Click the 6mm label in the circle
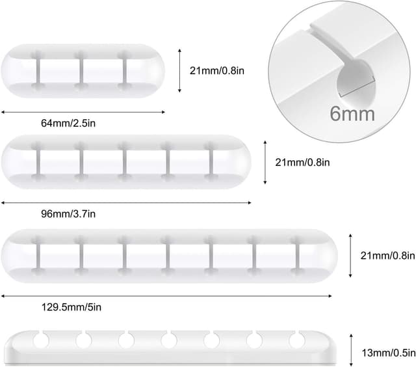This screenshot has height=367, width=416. point(352,114)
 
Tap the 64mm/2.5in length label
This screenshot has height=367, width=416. point(68,123)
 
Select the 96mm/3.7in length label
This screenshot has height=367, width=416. point(68,214)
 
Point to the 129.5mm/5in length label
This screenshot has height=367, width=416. point(71,307)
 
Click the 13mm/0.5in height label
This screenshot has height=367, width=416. point(389,353)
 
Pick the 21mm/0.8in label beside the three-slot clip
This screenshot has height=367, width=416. point(217,71)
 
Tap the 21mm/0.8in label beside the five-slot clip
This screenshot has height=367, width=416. point(302,162)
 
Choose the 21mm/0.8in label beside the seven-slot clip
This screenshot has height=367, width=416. point(387,256)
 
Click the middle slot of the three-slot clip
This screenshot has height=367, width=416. point(81,71)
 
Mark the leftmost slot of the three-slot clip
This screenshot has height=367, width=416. point(38,71)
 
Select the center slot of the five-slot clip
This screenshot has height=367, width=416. point(124,162)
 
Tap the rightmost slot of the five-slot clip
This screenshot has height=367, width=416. point(211,162)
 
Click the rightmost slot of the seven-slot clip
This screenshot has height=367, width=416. point(298,256)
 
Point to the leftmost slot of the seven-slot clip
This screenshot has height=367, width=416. point(38,256)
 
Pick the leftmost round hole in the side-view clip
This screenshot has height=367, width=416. point(41,340)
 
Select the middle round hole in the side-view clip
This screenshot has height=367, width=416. point(169,340)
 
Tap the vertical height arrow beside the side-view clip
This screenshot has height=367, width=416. point(351,350)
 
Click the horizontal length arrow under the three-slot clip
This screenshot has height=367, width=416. point(83,113)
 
